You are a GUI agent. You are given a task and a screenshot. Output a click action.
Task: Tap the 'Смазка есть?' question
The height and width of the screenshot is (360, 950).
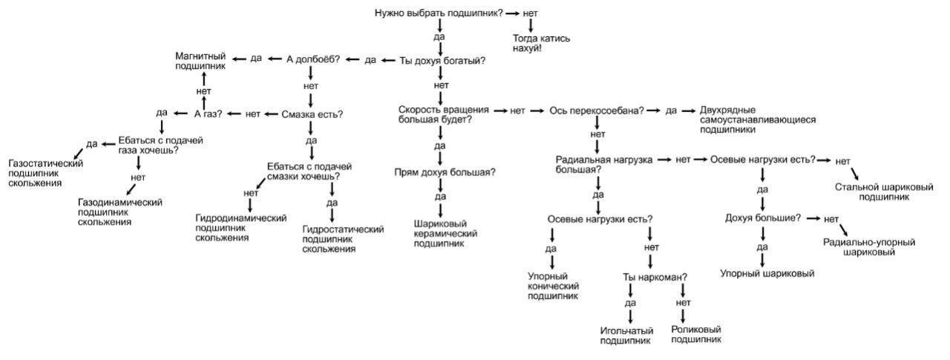click(312, 114)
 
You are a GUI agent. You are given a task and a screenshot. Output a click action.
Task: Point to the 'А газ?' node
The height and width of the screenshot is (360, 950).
click(209, 114)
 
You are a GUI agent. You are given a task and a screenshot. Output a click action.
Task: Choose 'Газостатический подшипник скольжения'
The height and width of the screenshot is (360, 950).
click(45, 172)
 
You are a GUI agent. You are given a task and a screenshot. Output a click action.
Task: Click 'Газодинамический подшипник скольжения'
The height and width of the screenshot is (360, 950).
click(119, 212)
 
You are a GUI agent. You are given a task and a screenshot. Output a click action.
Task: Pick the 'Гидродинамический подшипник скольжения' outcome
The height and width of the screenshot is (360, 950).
click(240, 228)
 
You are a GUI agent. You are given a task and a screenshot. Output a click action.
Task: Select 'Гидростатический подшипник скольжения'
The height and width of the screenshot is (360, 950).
click(343, 239)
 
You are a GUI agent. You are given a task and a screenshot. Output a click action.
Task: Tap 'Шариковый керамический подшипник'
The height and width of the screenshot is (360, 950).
click(445, 232)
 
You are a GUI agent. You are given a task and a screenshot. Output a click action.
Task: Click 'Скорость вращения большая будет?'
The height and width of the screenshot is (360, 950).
click(444, 114)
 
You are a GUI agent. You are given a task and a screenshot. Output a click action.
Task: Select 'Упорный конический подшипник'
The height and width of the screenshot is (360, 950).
click(553, 286)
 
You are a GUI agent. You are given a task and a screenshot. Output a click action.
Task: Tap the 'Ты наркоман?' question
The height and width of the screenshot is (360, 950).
click(655, 278)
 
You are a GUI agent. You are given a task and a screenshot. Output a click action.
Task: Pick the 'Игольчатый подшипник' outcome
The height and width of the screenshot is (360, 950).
click(626, 336)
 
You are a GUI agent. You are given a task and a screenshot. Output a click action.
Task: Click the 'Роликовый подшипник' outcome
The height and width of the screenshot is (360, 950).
click(695, 335)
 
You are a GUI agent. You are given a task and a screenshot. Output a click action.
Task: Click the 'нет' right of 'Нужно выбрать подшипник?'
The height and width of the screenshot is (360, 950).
click(530, 13)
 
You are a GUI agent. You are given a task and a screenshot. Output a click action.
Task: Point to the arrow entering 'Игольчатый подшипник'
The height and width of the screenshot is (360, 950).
click(631, 315)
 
